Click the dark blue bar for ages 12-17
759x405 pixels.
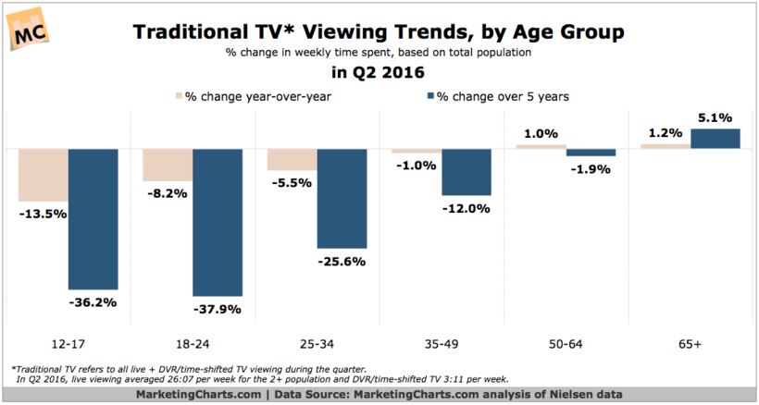pos(93,218)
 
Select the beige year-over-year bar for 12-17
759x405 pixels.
pos(43,175)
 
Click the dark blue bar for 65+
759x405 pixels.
pos(715,138)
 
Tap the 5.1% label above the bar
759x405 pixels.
pos(715,117)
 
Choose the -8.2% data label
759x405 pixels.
pos(168,193)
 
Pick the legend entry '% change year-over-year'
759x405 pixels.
pos(258,95)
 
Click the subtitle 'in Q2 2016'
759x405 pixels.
pos(379,72)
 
